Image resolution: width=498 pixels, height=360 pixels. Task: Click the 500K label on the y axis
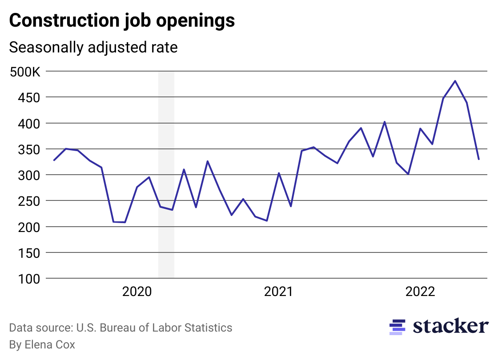pos(25,72)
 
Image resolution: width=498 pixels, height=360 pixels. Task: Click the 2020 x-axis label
pos(137,292)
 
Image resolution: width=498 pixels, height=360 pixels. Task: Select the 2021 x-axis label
pos(278,292)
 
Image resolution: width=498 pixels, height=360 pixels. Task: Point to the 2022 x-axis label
pos(420,292)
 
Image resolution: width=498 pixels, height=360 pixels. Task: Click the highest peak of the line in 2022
pos(455,81)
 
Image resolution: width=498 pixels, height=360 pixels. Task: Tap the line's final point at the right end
pos(479,159)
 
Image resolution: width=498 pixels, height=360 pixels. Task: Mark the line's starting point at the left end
pos(54,160)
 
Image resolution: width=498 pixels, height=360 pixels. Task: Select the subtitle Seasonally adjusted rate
pos(93,47)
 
